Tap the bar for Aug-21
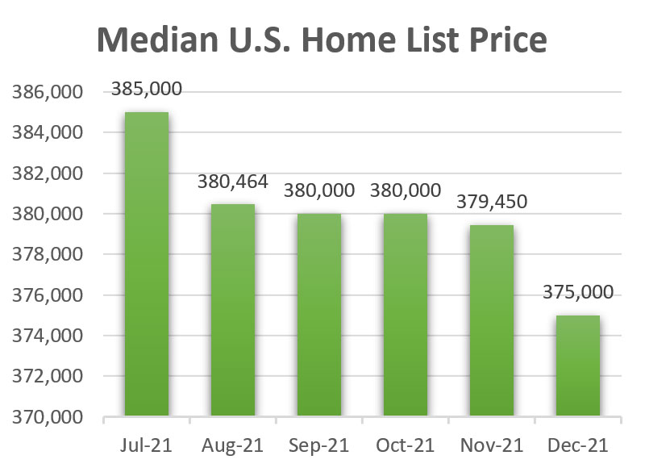click(x=232, y=311)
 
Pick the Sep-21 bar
click(x=318, y=315)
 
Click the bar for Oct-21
click(x=405, y=315)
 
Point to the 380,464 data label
click(x=232, y=182)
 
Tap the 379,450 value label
click(x=491, y=202)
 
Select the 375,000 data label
click(x=577, y=292)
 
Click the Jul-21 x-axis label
click(x=146, y=445)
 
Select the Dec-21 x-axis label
click(x=577, y=445)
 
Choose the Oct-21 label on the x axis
click(x=405, y=445)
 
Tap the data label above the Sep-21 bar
click(x=318, y=191)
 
